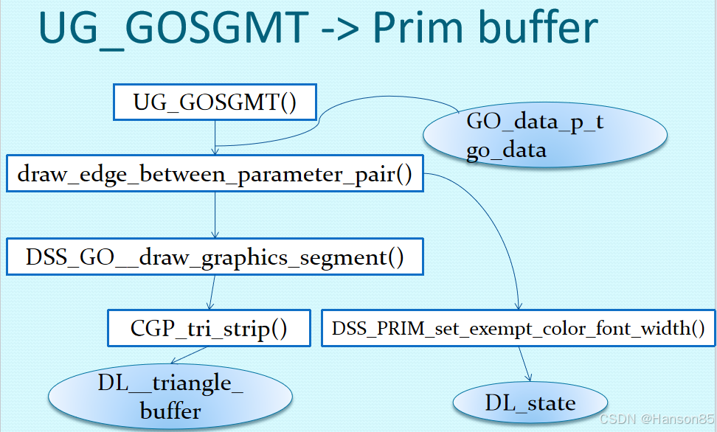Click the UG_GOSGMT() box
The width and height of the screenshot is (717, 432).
215,102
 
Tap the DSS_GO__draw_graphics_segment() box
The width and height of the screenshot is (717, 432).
215,257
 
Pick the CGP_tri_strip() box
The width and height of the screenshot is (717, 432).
209,328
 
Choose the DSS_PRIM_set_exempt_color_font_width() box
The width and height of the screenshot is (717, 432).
519,328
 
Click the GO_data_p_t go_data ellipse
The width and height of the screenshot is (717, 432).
545,136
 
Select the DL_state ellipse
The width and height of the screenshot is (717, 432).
530,403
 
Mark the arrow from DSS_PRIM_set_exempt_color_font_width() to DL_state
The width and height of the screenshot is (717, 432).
524,363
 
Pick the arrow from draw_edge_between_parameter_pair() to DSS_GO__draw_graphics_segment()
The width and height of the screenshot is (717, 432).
215,216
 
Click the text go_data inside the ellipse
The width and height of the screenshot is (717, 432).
506,151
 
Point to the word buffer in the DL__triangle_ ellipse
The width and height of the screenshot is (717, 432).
170,410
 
